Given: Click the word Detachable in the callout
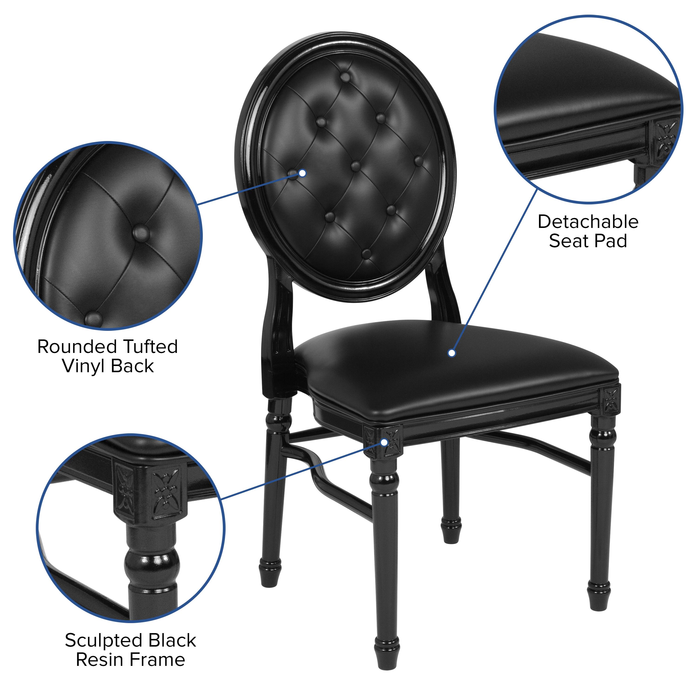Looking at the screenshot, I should click(588, 222).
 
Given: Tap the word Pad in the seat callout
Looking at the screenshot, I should click(610, 241).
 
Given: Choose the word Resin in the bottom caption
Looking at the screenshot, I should click(99, 660).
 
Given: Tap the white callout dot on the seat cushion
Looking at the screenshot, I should click(452, 353).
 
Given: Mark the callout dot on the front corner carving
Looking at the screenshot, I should click(385, 442).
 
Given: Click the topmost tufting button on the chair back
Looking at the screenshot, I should click(345, 77).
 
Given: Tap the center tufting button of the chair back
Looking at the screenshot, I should click(356, 166).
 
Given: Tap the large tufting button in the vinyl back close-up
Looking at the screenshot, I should click(141, 233).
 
